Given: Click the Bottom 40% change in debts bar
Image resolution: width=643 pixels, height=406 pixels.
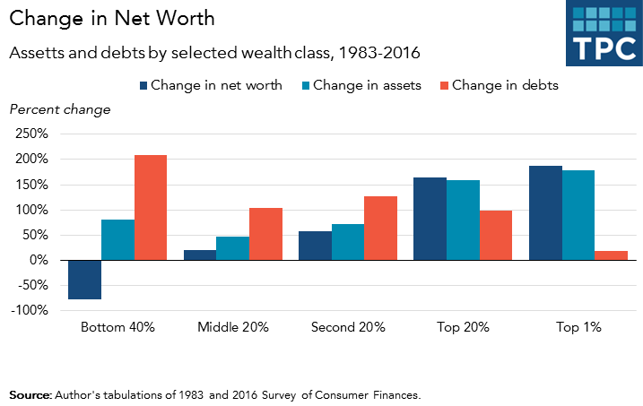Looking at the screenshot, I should (151, 208).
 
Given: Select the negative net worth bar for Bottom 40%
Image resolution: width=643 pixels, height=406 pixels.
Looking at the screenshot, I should (84, 280).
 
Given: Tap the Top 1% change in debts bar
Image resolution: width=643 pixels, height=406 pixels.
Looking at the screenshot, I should (611, 255).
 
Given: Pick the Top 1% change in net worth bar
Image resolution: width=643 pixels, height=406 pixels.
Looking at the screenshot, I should (545, 213).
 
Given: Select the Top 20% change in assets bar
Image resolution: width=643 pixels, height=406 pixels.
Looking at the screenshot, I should (463, 220).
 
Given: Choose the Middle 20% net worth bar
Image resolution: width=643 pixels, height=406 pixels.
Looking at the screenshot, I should (199, 255).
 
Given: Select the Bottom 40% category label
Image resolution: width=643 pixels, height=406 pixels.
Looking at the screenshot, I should (117, 328).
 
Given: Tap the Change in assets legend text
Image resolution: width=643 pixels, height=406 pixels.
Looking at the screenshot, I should (364, 86).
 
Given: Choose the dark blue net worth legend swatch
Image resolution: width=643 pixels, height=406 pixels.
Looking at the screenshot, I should (143, 86).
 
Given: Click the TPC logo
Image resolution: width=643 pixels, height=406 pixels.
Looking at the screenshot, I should (604, 33).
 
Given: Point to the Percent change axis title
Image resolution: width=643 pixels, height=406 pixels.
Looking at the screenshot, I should (59, 109).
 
